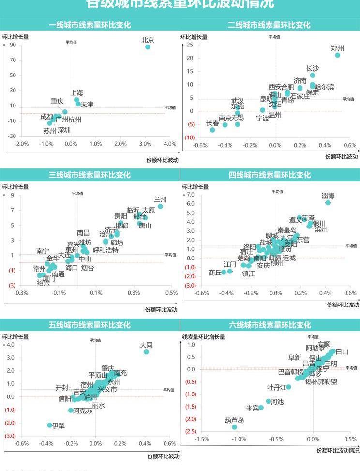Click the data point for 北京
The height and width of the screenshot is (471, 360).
pyautogui.click(x=148, y=47)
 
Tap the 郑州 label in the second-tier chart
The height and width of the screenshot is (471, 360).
pyautogui.click(x=337, y=48)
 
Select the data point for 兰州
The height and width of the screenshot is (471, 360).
pyautogui.click(x=160, y=206)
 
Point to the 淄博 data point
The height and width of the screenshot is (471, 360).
pyautogui.click(x=328, y=203)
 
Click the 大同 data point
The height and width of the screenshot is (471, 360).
pyautogui.click(x=146, y=352)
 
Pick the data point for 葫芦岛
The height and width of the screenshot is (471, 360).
pyautogui.click(x=235, y=427)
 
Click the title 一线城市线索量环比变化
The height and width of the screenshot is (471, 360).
pyautogui.click(x=90, y=25)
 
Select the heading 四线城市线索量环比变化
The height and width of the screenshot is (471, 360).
pyautogui.click(x=270, y=175)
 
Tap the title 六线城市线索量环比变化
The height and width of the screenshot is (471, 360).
pyautogui.click(x=270, y=325)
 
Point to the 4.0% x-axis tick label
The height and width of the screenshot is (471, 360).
pyautogui.click(x=170, y=144)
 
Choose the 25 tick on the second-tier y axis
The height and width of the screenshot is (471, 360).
pyautogui.click(x=190, y=45)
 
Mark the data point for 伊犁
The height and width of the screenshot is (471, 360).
pyautogui.click(x=49, y=425)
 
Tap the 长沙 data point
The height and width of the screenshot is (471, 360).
pyautogui.click(x=313, y=75)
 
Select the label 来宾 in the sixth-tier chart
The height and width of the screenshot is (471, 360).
pyautogui.click(x=253, y=408)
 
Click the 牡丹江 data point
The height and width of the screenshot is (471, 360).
pyautogui.click(x=289, y=387)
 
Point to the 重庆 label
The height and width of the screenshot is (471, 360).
pyautogui.click(x=57, y=101)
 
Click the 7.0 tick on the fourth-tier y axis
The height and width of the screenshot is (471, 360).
pyautogui.click(x=190, y=195)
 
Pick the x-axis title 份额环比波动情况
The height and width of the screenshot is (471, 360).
pyautogui.click(x=337, y=450)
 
